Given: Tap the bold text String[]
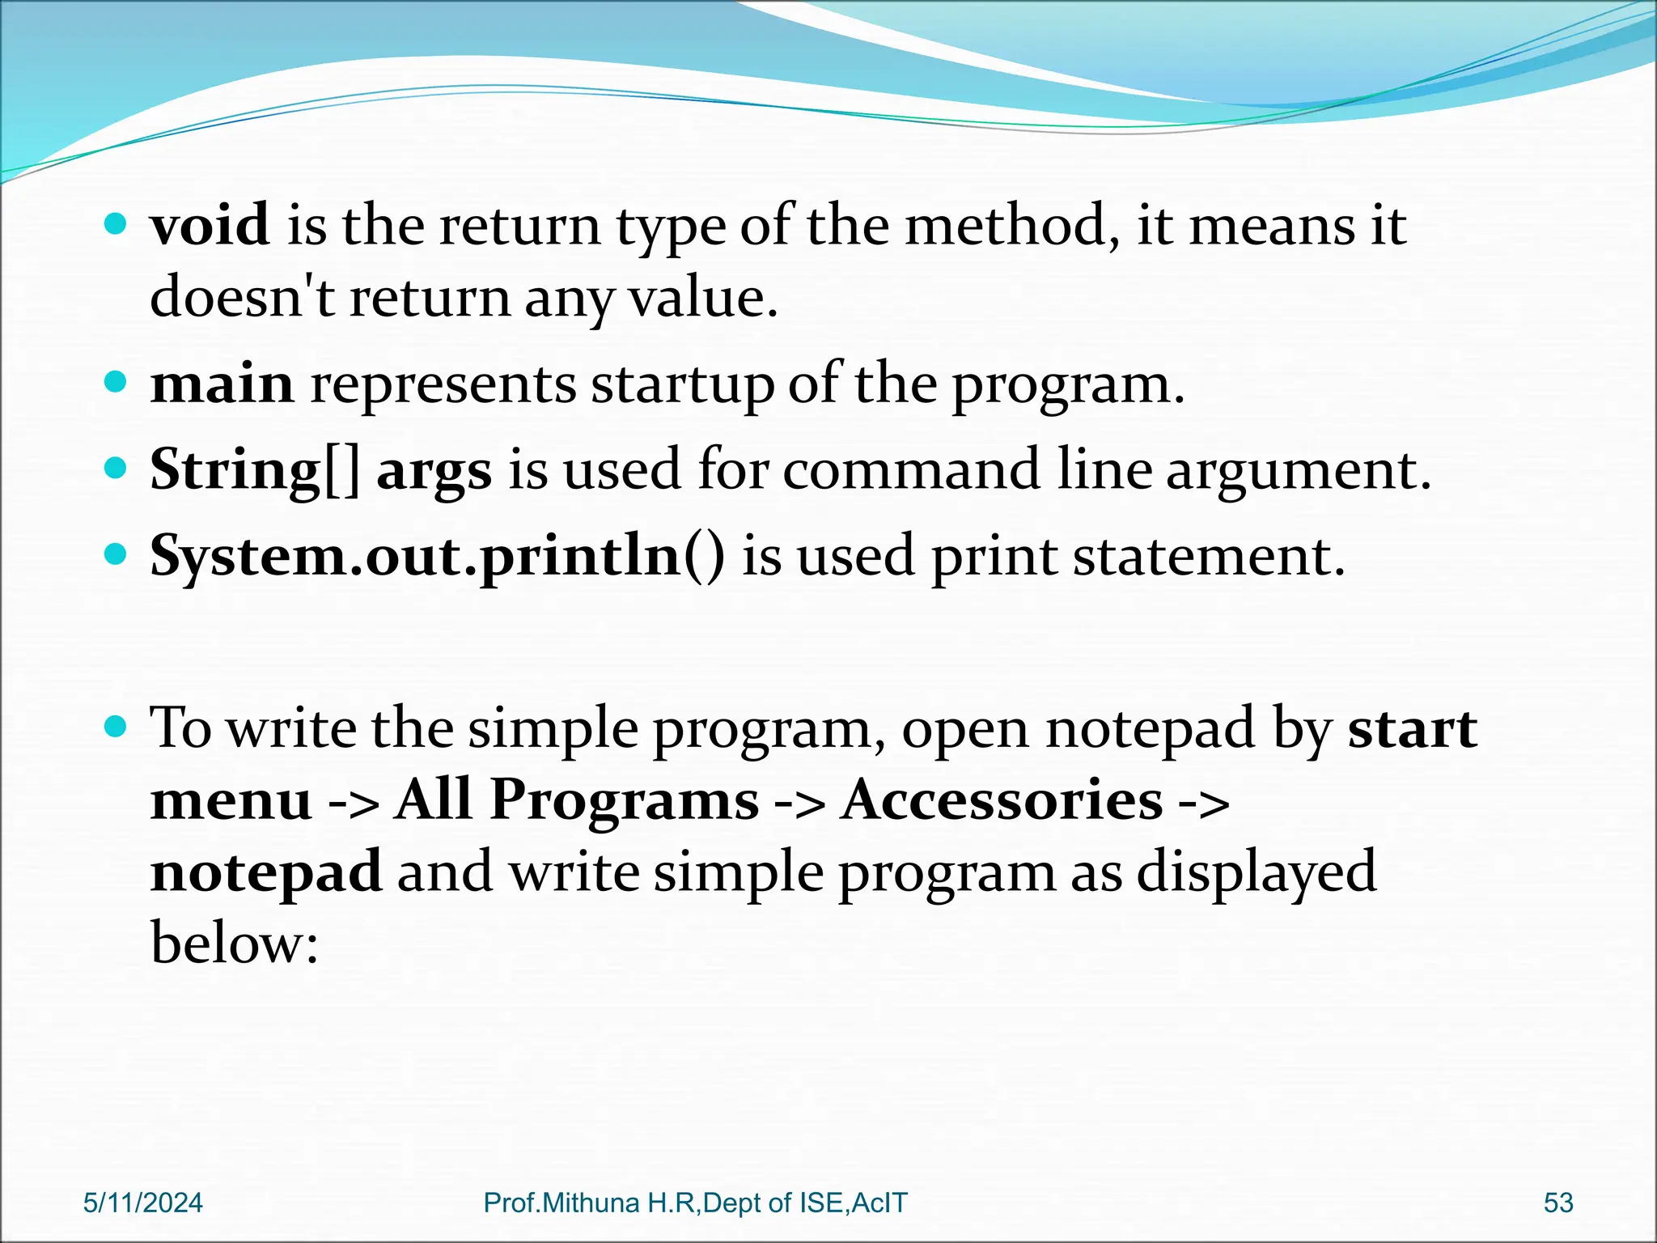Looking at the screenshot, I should [255, 470].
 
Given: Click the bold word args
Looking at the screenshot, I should [434, 472].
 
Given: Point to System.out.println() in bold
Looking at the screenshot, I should [438, 557].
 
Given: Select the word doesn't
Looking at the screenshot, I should [242, 296].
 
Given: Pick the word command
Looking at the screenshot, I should [911, 470].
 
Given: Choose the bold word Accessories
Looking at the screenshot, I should [1002, 800].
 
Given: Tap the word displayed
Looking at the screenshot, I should [1256, 872].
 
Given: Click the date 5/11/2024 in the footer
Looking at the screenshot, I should [143, 1203].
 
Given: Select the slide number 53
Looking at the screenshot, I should [1558, 1203].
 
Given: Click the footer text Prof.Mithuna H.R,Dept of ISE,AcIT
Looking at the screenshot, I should [695, 1203].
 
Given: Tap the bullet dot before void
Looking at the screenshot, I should [117, 223].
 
